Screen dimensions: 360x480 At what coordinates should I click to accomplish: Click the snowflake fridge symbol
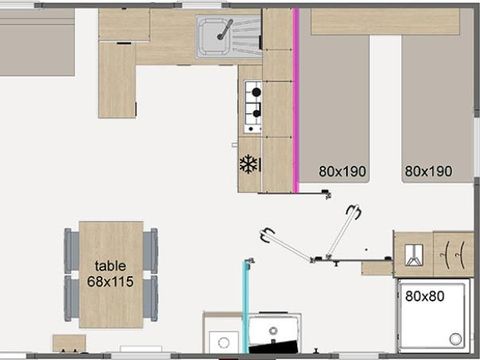tap(249, 163)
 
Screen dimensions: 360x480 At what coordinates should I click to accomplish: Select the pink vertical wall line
tap(296, 100)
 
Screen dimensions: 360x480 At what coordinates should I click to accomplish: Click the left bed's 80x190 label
tap(343, 171)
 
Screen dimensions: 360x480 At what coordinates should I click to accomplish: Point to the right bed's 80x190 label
tap(428, 171)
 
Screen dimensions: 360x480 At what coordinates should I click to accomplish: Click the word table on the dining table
tap(111, 265)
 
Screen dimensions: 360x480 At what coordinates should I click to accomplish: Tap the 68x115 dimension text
tap(111, 281)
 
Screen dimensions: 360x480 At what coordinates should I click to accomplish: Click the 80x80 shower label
tap(426, 295)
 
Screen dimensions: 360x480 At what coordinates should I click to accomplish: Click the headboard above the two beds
tap(385, 21)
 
